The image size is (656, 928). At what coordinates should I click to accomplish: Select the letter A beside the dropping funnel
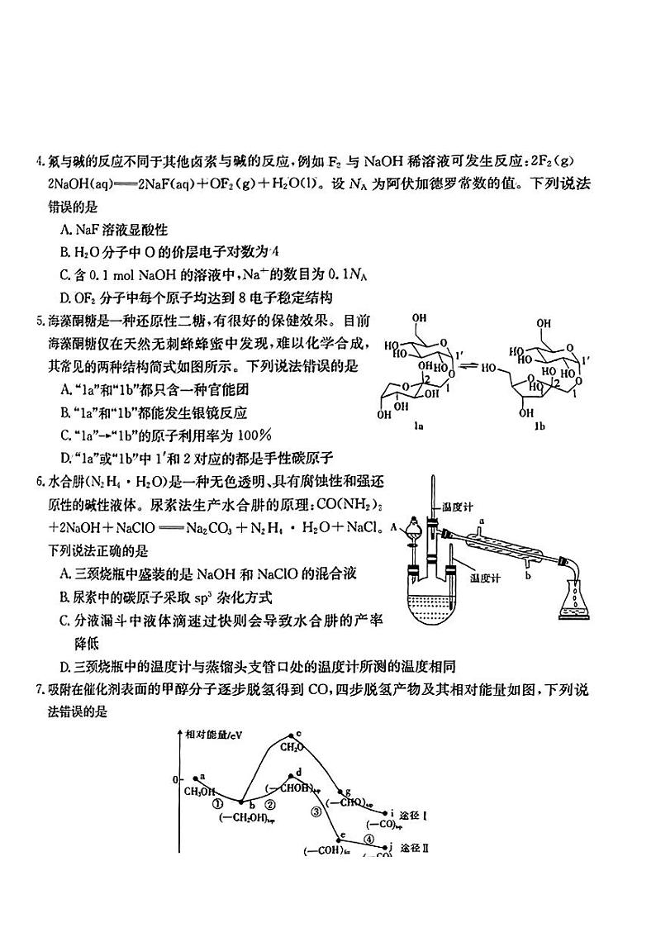click(x=394, y=526)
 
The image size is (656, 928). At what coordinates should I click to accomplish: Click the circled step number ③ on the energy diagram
click(x=316, y=811)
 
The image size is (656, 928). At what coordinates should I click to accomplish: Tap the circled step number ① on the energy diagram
click(x=217, y=802)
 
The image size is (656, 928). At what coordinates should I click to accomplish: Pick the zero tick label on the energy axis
click(x=174, y=779)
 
